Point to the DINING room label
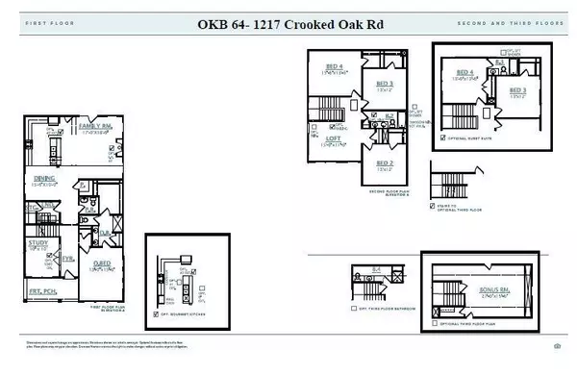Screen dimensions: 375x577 [44, 178]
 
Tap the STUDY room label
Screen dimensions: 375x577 [38, 244]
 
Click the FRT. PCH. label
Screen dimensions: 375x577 [41, 289]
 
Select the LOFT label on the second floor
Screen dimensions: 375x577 [333, 138]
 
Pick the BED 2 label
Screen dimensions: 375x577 [385, 163]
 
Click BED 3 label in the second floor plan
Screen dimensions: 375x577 [385, 84]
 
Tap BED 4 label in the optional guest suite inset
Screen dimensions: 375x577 [465, 72]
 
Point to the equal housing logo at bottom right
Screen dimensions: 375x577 [557, 345]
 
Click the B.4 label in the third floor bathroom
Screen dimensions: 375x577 [377, 268]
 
